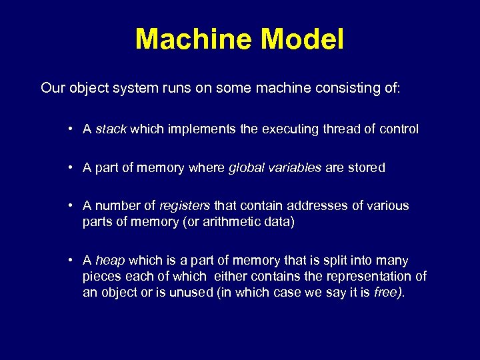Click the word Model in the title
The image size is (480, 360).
(x=303, y=39)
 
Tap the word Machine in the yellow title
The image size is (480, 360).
(x=194, y=39)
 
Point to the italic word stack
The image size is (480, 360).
(x=111, y=129)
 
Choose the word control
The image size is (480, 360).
(x=398, y=129)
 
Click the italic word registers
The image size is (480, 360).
(x=185, y=206)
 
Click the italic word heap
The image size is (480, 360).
(x=110, y=261)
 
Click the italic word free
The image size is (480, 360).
(x=387, y=292)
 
